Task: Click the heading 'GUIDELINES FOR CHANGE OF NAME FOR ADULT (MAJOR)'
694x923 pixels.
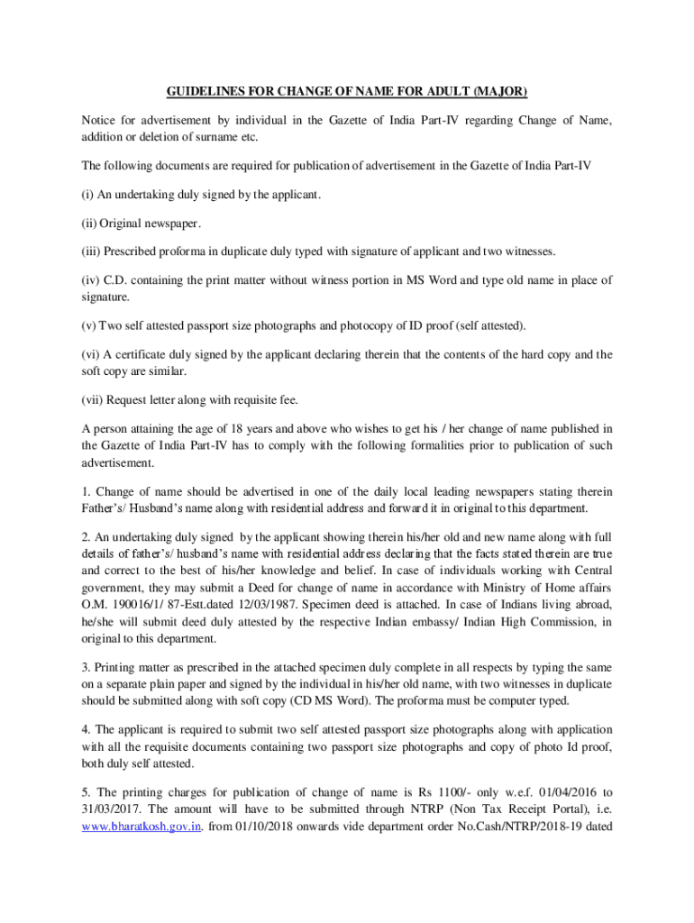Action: pos(347,92)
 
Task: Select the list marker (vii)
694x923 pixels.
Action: pos(94,399)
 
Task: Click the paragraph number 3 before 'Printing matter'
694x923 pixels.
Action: pos(85,668)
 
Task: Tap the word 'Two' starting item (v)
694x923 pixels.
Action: pos(122,324)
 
